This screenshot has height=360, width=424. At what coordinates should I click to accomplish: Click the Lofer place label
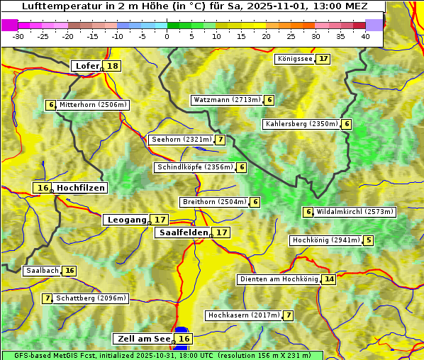coord(87,66)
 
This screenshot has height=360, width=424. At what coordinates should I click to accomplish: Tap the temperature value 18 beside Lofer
coord(113,66)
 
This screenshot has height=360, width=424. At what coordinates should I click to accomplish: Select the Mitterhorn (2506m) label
coord(93,105)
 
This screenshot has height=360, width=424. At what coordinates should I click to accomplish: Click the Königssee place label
coord(295,59)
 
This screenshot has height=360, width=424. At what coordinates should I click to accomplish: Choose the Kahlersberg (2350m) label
coord(301,124)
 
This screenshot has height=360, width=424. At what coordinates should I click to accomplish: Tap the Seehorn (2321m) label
coord(182,140)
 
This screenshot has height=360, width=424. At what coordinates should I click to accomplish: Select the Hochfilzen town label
coord(81,188)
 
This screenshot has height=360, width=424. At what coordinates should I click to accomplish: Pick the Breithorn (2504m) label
coord(214,202)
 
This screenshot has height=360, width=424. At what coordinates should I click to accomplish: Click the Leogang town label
coord(126,220)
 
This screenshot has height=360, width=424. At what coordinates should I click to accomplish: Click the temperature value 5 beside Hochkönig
coord(368,240)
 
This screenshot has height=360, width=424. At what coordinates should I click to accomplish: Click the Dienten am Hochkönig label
coord(279,279)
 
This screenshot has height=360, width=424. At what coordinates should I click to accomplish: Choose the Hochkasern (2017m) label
coord(243,315)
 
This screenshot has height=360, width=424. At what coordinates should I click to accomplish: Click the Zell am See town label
coord(143,339)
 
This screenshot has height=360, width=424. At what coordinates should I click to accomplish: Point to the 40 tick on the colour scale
coord(365,36)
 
